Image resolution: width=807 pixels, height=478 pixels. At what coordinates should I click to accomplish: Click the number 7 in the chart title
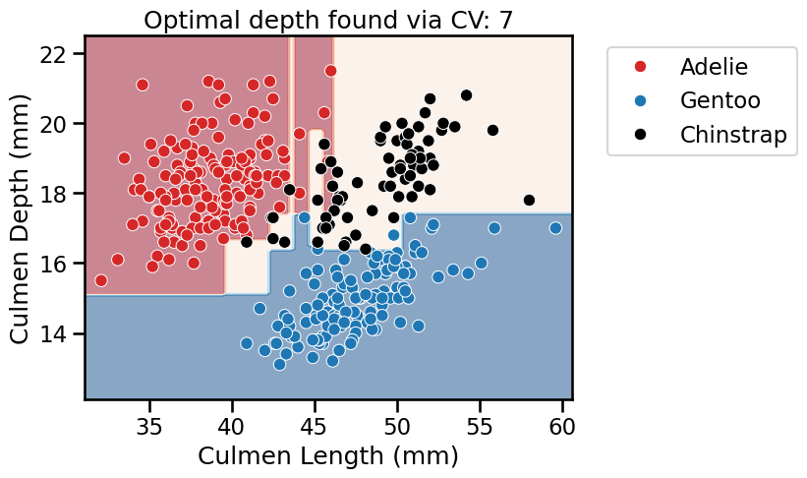point(504,19)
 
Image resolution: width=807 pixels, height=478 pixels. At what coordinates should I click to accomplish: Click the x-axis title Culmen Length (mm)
point(328,456)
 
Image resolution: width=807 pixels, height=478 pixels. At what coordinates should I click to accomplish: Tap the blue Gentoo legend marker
point(641,100)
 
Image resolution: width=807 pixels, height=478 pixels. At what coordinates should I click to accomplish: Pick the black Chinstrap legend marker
point(641,135)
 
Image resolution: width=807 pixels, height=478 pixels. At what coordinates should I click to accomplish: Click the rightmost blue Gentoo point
point(555,228)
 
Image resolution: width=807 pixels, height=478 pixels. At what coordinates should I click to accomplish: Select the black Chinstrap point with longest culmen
point(529,201)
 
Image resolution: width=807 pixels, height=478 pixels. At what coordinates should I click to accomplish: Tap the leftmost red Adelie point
point(100,280)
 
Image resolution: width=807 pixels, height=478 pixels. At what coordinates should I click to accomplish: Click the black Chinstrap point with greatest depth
point(466,95)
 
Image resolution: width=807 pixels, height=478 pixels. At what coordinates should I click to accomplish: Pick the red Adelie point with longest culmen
point(331,71)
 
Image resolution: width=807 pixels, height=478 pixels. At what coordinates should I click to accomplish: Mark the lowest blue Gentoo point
point(280,364)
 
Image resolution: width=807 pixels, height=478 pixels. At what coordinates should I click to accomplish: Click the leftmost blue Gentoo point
point(247,343)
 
